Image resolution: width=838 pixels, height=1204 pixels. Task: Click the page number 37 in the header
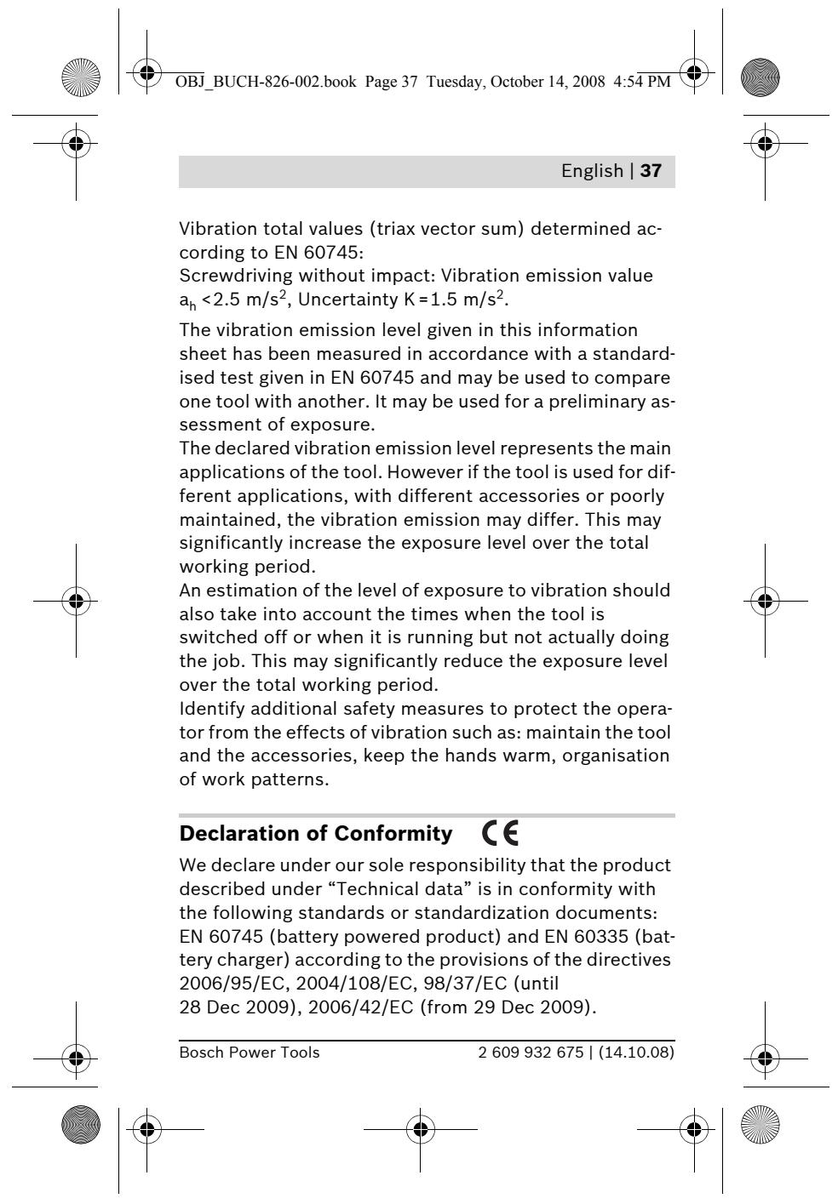coord(651,171)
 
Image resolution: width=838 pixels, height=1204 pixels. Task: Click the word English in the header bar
coord(592,171)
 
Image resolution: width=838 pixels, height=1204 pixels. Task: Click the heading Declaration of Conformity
coord(316,835)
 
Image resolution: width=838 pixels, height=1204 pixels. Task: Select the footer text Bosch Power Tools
coord(250,1053)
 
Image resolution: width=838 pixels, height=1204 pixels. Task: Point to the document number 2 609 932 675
coord(526,1053)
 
